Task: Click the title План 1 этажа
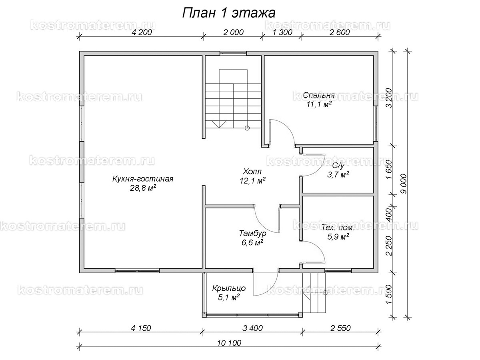[x=228, y=12]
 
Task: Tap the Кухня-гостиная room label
[x=143, y=179]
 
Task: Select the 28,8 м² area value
[x=143, y=187]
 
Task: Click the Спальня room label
[x=318, y=96]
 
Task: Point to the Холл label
[x=253, y=172]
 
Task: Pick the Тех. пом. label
[x=338, y=228]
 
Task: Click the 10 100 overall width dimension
[x=229, y=343]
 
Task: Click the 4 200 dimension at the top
[x=141, y=33]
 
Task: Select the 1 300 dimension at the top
[x=282, y=33]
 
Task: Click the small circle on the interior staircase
[x=247, y=128]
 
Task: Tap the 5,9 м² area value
[x=338, y=236]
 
